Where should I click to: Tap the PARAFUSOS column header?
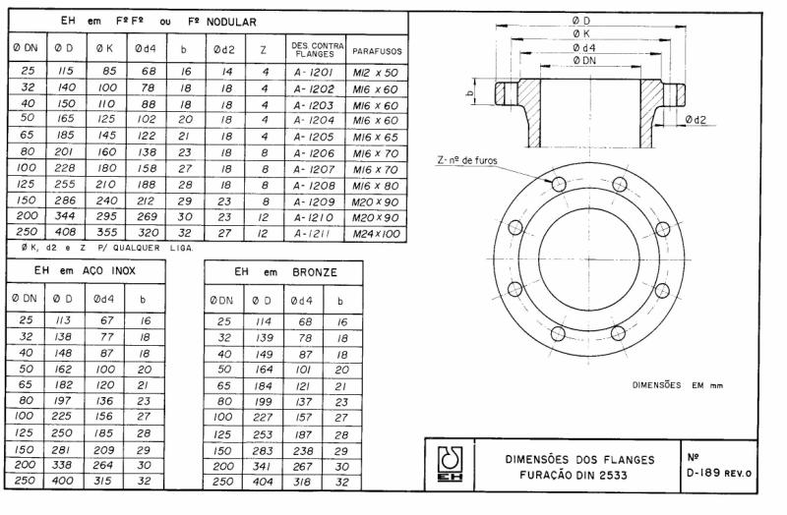tap(378, 49)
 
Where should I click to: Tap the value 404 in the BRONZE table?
tap(261, 484)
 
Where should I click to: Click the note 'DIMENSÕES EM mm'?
tap(677, 385)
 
